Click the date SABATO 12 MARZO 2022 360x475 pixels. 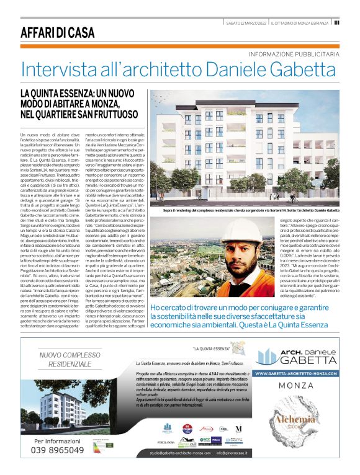coord(246,23)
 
